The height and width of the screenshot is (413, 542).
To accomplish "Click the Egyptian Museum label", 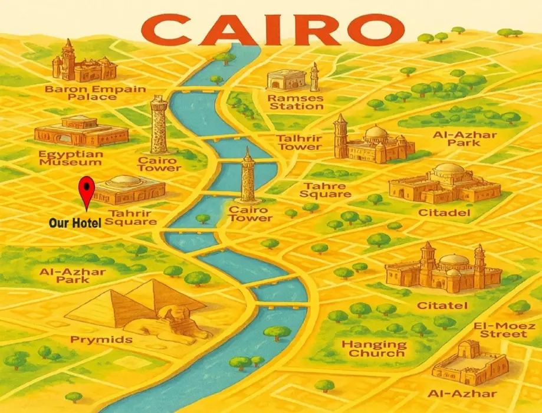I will click(x=71, y=158).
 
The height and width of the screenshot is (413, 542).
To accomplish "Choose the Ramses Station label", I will click(x=295, y=101).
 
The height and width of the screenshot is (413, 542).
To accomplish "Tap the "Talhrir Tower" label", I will click(x=300, y=142).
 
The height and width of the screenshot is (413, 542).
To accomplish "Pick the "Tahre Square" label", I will click(x=325, y=190).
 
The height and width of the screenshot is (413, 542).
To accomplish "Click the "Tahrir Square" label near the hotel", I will click(x=132, y=217).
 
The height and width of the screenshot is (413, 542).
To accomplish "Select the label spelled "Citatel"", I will click(x=442, y=306).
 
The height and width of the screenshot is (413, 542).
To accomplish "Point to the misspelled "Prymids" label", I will click(x=101, y=340).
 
